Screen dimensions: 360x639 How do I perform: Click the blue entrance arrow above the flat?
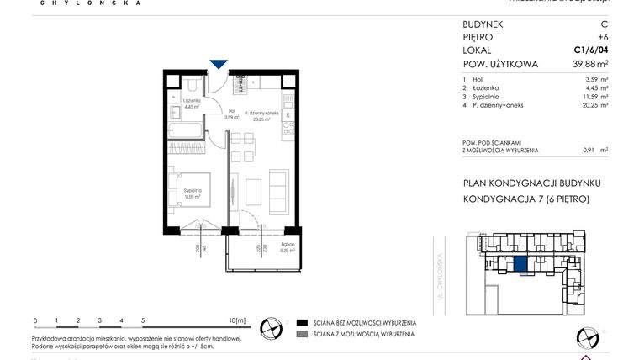[219, 65]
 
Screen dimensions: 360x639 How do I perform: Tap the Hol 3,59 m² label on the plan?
[232, 114]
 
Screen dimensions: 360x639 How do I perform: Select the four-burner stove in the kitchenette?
[287, 129]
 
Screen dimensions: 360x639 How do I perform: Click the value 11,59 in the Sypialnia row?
[586, 97]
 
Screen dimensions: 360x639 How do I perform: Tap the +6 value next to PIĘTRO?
[602, 38]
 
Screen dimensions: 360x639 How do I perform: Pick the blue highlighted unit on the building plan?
[521, 266]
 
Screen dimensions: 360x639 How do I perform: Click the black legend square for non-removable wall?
[300, 323]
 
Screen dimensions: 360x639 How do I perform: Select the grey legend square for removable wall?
[300, 335]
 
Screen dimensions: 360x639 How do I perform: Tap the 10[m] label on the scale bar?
[236, 320]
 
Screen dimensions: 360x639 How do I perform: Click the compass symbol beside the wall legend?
[271, 327]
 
